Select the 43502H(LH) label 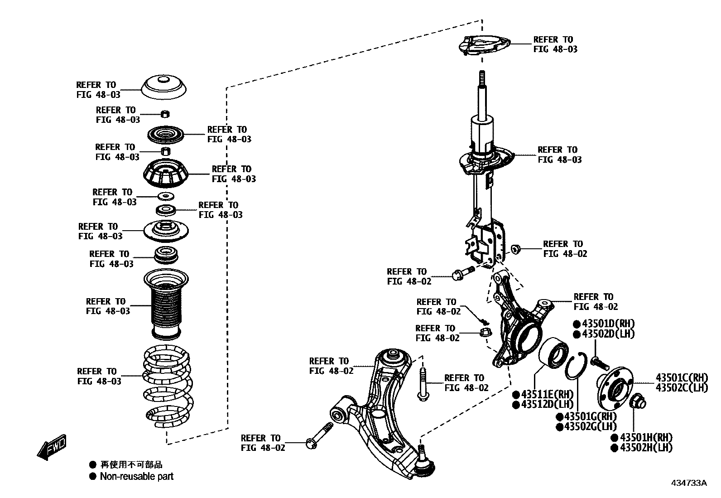(646, 448)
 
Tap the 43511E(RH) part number (547, 394)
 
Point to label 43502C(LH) (682, 387)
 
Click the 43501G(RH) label (586, 416)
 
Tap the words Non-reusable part (136, 476)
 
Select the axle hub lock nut (638, 401)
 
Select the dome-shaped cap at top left (164, 87)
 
